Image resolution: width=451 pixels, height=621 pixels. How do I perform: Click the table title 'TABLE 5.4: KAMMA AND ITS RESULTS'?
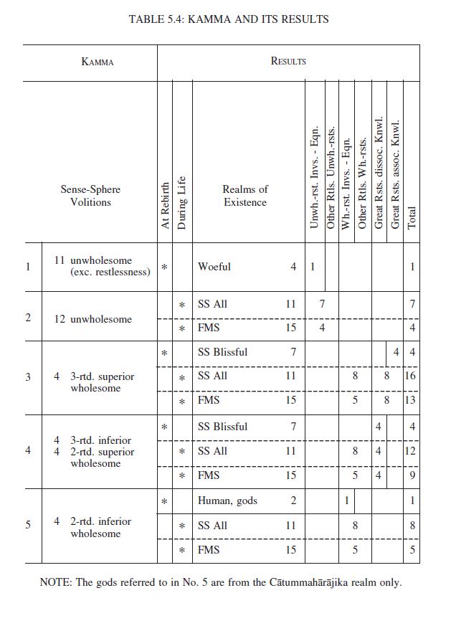(x=229, y=19)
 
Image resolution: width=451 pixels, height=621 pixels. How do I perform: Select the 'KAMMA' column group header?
(x=98, y=62)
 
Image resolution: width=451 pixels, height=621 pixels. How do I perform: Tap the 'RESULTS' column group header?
(x=288, y=62)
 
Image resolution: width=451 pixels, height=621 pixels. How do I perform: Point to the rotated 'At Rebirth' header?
(x=166, y=205)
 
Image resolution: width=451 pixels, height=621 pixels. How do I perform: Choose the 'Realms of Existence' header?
(x=245, y=196)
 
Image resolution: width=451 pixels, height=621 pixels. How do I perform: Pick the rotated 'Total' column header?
(x=412, y=214)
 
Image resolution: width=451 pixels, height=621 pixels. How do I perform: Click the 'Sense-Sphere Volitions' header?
(x=90, y=196)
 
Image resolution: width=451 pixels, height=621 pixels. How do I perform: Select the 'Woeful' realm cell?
(x=214, y=267)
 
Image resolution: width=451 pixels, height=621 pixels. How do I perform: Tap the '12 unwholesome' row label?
(x=92, y=319)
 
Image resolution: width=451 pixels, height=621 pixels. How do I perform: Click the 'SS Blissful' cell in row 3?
(x=222, y=352)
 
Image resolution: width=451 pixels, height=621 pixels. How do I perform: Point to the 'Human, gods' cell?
(x=227, y=501)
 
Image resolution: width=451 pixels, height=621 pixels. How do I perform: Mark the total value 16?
(x=411, y=376)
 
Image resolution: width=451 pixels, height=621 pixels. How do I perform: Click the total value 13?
(x=411, y=401)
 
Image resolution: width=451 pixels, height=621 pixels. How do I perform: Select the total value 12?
(x=411, y=451)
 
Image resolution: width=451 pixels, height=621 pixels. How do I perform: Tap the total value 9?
(x=412, y=475)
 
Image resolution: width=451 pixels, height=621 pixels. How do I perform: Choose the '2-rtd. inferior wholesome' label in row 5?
(x=100, y=528)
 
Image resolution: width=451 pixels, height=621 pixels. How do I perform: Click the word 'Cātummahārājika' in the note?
(x=302, y=583)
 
